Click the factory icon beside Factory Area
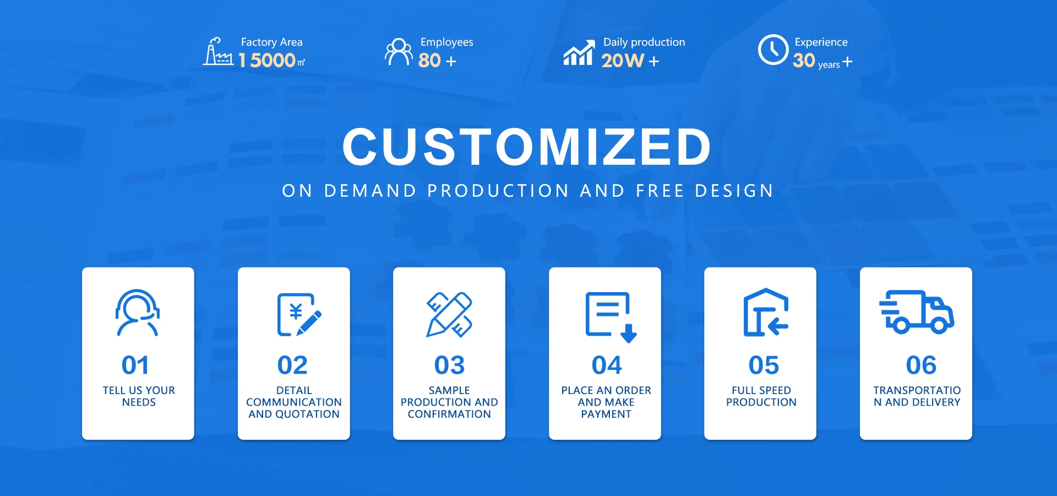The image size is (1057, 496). (x=218, y=52)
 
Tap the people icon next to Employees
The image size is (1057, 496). (x=399, y=52)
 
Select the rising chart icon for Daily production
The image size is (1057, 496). (x=579, y=52)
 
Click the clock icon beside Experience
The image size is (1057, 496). (x=773, y=50)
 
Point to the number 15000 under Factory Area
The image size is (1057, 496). (x=268, y=60)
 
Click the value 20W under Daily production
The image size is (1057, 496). (x=623, y=60)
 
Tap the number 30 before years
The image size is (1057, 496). (x=804, y=60)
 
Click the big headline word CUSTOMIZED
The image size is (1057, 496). (x=527, y=147)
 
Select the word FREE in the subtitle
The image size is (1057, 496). (x=660, y=191)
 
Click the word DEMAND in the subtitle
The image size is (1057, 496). (x=371, y=191)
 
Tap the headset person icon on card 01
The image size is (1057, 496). (x=138, y=312)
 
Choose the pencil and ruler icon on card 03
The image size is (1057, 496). (x=449, y=315)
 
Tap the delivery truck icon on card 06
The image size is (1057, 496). (x=917, y=312)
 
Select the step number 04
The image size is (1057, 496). (x=607, y=365)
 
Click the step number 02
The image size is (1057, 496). (x=292, y=365)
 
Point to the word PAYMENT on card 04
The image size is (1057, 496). (x=606, y=414)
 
